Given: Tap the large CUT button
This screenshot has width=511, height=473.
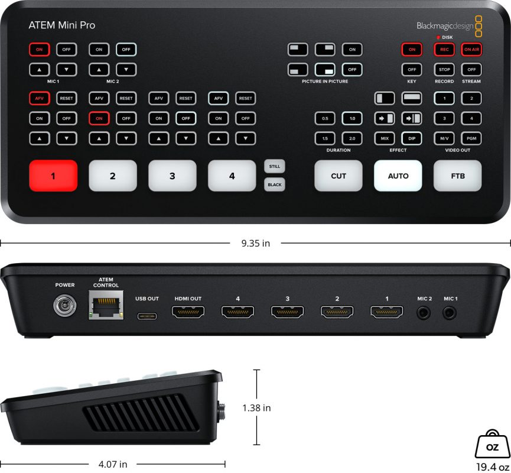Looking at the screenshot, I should pyautogui.click(x=339, y=176).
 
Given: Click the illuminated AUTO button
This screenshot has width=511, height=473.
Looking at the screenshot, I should pyautogui.click(x=398, y=176).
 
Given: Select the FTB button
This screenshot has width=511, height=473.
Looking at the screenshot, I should pyautogui.click(x=458, y=176).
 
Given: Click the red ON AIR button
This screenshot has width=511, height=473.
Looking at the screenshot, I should pyautogui.click(x=471, y=50).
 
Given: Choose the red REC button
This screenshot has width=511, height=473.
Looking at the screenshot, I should pyautogui.click(x=444, y=50).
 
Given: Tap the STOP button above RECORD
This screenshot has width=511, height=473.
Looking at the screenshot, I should pyautogui.click(x=444, y=69).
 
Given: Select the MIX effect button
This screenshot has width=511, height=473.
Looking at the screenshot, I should pyautogui.click(x=385, y=138).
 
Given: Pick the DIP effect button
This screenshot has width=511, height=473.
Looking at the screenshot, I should pyautogui.click(x=412, y=138).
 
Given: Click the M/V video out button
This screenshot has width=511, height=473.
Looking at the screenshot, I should pyautogui.click(x=444, y=138).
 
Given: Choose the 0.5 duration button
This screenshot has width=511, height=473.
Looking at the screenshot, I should pyautogui.click(x=325, y=119).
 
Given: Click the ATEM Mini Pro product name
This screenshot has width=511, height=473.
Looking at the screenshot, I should pyautogui.click(x=62, y=25).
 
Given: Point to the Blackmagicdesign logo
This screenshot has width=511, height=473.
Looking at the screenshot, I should pyautogui.click(x=445, y=25).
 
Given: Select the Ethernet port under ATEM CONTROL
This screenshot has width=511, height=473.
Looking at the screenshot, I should pyautogui.click(x=106, y=306).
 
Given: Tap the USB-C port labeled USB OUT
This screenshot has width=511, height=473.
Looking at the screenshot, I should pyautogui.click(x=147, y=316).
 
